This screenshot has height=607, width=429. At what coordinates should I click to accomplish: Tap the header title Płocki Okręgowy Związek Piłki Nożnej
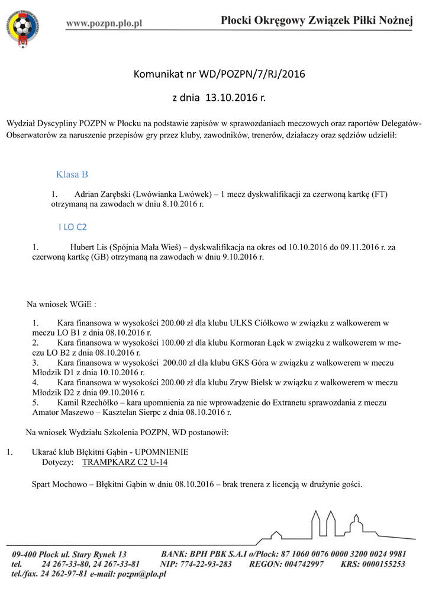point(316,21)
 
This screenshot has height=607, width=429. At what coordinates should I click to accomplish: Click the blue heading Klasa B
point(72,174)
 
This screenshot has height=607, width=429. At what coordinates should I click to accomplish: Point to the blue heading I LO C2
point(72,226)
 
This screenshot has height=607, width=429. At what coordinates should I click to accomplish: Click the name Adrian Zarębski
point(102,194)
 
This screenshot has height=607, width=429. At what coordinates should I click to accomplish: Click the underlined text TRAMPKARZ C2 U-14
point(125,461)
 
